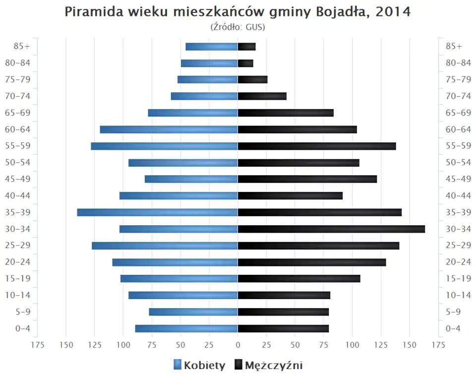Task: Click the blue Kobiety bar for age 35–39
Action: tap(157, 212)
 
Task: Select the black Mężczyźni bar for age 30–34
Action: tap(331, 229)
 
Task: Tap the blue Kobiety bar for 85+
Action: tap(212, 47)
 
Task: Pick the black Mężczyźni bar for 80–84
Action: tap(245, 63)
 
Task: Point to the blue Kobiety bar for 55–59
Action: tap(164, 146)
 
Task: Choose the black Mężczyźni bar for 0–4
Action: tap(283, 328)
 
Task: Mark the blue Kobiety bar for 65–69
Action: tap(193, 113)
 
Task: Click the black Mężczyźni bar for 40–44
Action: tap(290, 195)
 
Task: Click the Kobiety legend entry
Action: tap(199, 366)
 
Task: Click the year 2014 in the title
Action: tap(393, 11)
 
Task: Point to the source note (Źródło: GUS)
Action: tap(238, 27)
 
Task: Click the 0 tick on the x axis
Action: tap(238, 344)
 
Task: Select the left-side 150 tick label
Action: tap(66, 344)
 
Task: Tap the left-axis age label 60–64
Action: tap(18, 129)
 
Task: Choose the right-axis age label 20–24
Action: tap(458, 262)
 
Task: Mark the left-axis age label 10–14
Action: tap(18, 295)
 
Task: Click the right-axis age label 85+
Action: tap(454, 47)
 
